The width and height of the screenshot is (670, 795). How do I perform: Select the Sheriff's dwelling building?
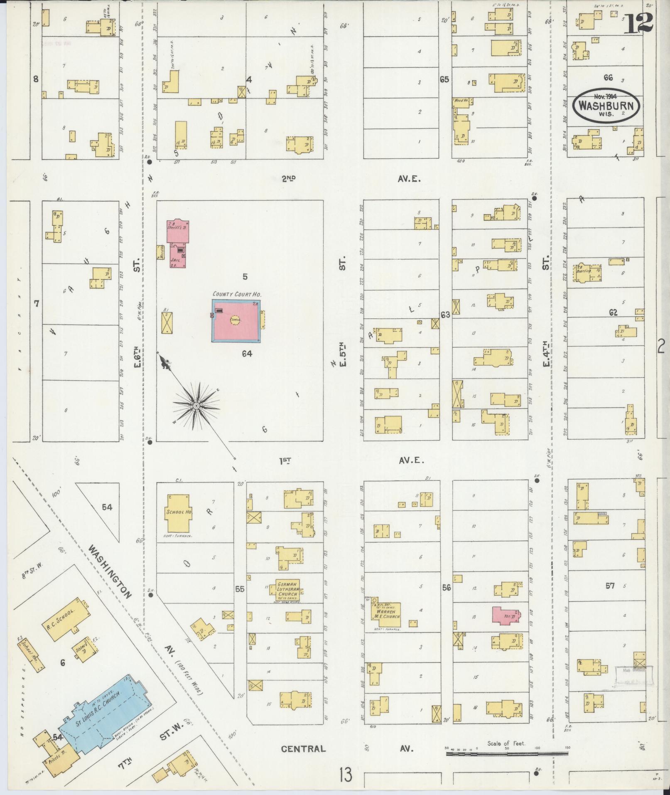coord(178,231)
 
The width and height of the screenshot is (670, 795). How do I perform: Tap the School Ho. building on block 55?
coord(179,512)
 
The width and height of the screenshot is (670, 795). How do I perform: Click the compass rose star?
coord(195,405)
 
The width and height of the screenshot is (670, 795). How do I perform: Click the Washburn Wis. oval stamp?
coord(606,105)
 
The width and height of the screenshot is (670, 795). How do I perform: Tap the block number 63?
coord(445,315)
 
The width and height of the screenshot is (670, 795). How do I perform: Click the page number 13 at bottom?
coord(345,775)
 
